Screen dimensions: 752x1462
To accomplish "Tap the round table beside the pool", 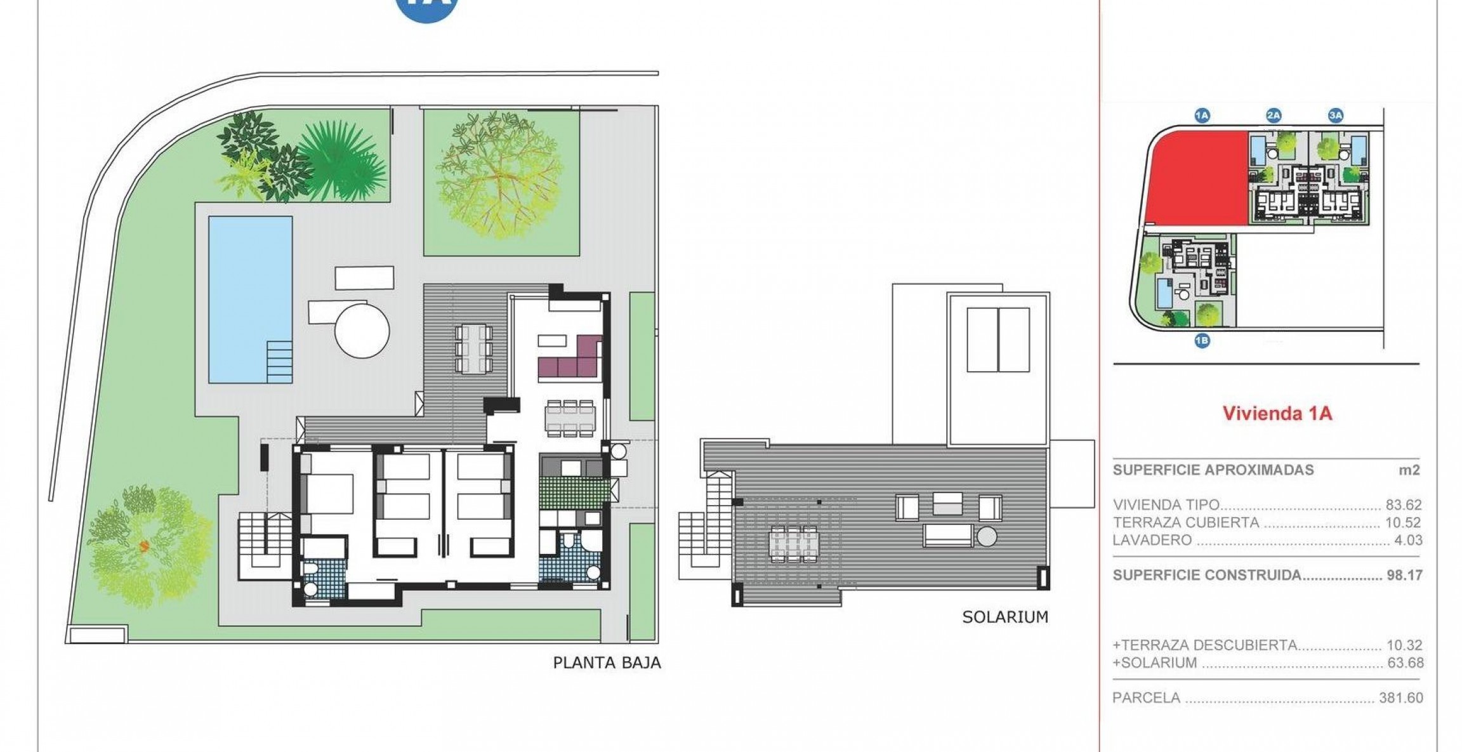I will click(x=362, y=331).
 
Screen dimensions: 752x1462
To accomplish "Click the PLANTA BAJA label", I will click(x=607, y=663).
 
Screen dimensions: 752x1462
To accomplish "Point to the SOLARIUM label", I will click(x=1005, y=617).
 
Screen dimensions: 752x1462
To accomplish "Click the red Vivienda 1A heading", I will click(x=1277, y=414).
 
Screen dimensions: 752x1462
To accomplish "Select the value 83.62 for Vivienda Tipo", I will click(x=1404, y=505).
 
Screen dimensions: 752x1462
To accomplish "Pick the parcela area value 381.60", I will click(x=1401, y=698).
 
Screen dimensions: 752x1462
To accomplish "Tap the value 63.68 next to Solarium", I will click(x=1404, y=663).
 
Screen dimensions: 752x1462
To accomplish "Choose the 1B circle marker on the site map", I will click(x=1202, y=341).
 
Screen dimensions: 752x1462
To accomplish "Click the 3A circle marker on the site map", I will click(x=1336, y=115).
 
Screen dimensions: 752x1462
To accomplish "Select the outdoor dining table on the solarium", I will click(x=793, y=544).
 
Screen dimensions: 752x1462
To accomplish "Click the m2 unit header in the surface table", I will click(x=1409, y=470).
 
